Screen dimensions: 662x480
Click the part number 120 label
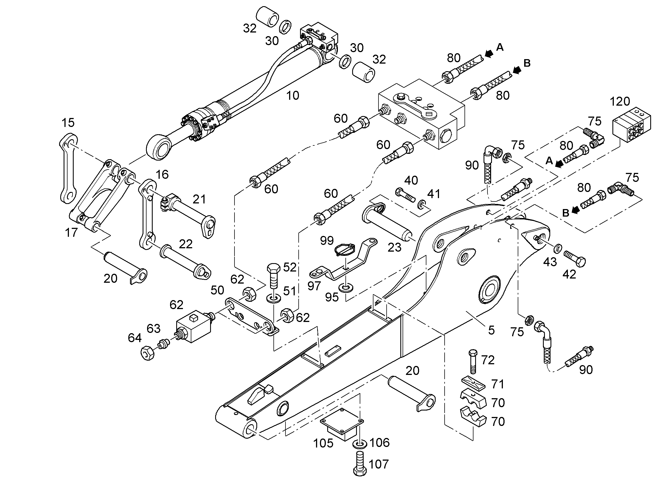coord(620,101)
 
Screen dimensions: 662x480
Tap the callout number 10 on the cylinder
coord(292,96)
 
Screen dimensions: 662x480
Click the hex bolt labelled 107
coord(360,464)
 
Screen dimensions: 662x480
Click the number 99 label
coord(327,241)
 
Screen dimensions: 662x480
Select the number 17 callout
coord(71,233)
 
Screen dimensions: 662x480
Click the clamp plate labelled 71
coord(473,383)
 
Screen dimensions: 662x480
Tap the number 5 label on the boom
coord(492,330)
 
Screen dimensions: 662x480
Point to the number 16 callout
coord(162,175)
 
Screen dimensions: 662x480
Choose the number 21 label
coord(199,200)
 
